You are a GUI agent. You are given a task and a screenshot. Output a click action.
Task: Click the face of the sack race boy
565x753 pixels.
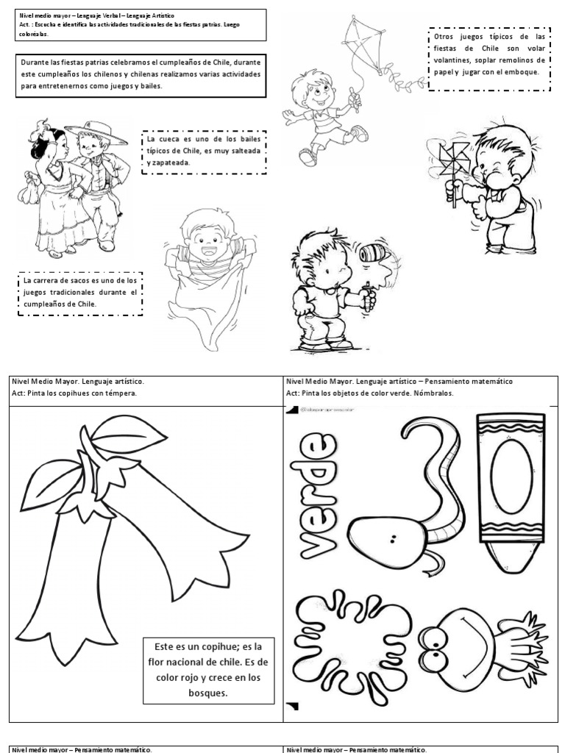[x=202, y=242]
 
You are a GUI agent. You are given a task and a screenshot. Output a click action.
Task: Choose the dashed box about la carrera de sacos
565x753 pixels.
[x=79, y=293]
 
